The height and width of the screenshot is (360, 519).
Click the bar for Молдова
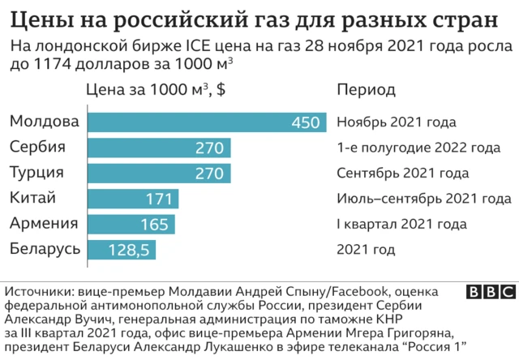point(206,122)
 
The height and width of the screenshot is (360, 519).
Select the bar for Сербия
point(158,148)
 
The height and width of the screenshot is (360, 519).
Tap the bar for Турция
point(158,174)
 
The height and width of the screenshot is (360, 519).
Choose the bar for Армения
point(131,224)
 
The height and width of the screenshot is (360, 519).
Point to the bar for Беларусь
point(121,249)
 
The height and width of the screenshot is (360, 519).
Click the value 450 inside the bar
point(306,123)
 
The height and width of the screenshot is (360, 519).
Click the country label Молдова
point(45,122)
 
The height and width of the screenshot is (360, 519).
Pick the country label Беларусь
point(45,248)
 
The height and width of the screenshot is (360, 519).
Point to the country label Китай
point(32,198)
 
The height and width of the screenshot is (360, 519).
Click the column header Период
point(365,89)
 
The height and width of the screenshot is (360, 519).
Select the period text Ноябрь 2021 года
point(396,123)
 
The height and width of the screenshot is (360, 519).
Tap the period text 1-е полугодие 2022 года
point(418,148)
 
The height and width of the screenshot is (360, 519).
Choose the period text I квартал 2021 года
point(401,224)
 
